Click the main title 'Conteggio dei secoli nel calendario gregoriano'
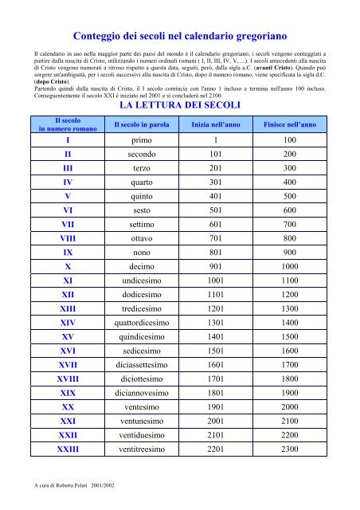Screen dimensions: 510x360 [180, 36]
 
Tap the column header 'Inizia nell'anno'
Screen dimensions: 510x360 [214, 125]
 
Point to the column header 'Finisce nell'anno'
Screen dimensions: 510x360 [290, 125]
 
